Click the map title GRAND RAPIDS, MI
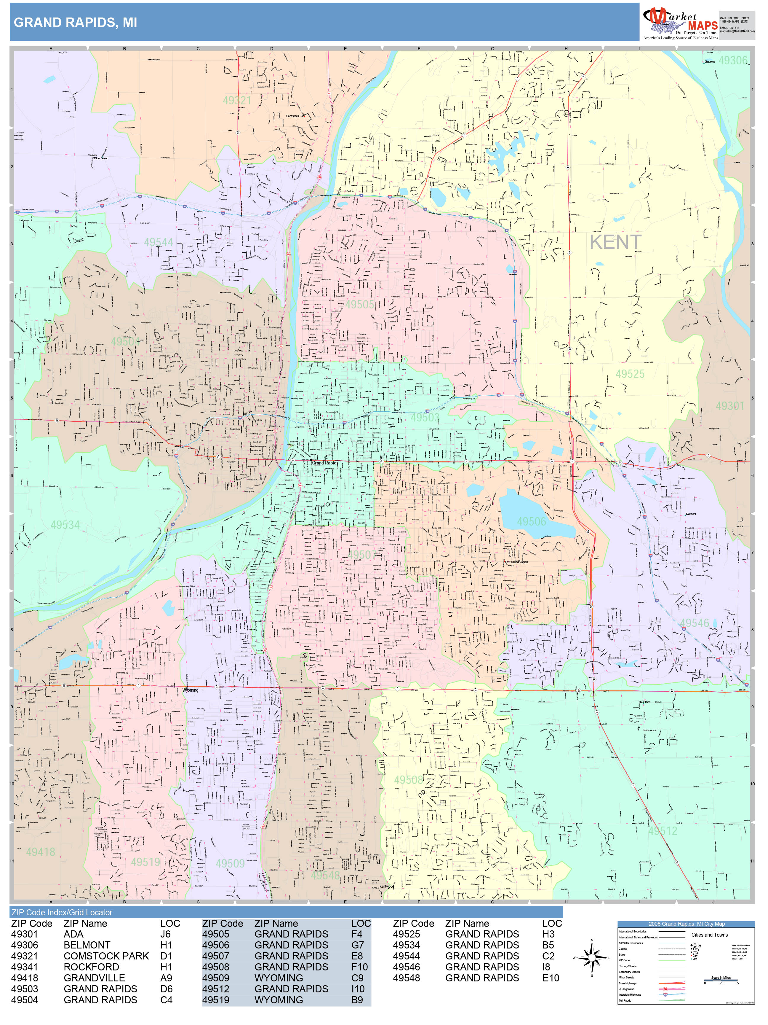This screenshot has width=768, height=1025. pyautogui.click(x=76, y=23)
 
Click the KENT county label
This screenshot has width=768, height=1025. pyautogui.click(x=615, y=242)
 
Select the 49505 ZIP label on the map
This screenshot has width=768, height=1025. pyautogui.click(x=360, y=304)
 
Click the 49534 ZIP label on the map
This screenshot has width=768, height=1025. pyautogui.click(x=65, y=525)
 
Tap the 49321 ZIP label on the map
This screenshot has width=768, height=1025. pyautogui.click(x=237, y=101)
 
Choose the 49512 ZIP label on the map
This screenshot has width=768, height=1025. pyautogui.click(x=663, y=831)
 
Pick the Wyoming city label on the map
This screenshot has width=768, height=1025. pyautogui.click(x=190, y=690)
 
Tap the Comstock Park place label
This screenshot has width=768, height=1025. pyautogui.click(x=295, y=116)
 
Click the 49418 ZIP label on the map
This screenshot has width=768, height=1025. pyautogui.click(x=41, y=852)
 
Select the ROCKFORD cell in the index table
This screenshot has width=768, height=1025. pyautogui.click(x=91, y=967)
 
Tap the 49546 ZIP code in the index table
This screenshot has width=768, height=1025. pyautogui.click(x=407, y=967)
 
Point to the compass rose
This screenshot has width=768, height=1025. pyautogui.click(x=592, y=957)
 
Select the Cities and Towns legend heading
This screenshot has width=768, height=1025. pyautogui.click(x=709, y=935)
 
